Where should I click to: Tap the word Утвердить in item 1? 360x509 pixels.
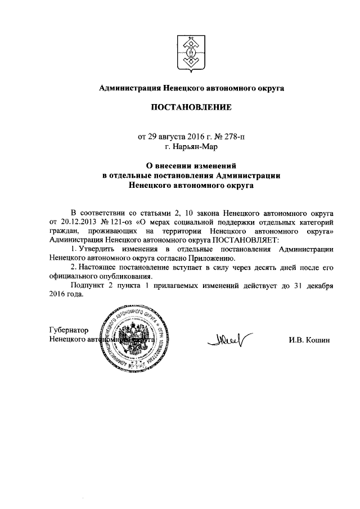point(98,249)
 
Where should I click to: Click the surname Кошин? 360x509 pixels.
point(318,340)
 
